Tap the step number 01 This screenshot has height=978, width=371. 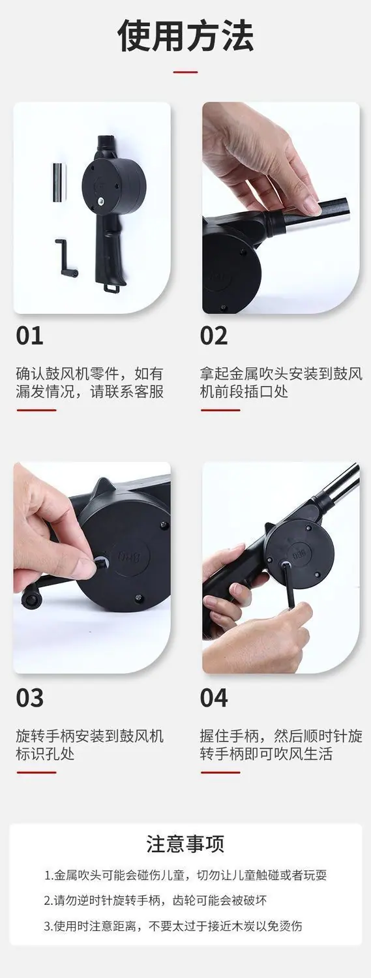(30, 336)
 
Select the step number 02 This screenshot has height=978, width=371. (214, 336)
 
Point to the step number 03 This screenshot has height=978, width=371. (30, 697)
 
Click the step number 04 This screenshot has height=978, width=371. (214, 697)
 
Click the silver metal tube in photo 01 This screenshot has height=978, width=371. (59, 182)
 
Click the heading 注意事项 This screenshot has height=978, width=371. (185, 844)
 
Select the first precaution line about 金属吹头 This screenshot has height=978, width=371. (185, 875)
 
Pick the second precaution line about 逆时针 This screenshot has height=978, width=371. (155, 900)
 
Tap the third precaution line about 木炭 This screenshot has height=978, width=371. (173, 926)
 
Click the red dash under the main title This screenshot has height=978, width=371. (185, 72)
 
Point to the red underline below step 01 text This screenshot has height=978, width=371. (37, 410)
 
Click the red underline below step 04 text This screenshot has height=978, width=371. (220, 772)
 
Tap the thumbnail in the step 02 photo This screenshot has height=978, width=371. (311, 204)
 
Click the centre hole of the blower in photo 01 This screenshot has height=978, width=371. (100, 200)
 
